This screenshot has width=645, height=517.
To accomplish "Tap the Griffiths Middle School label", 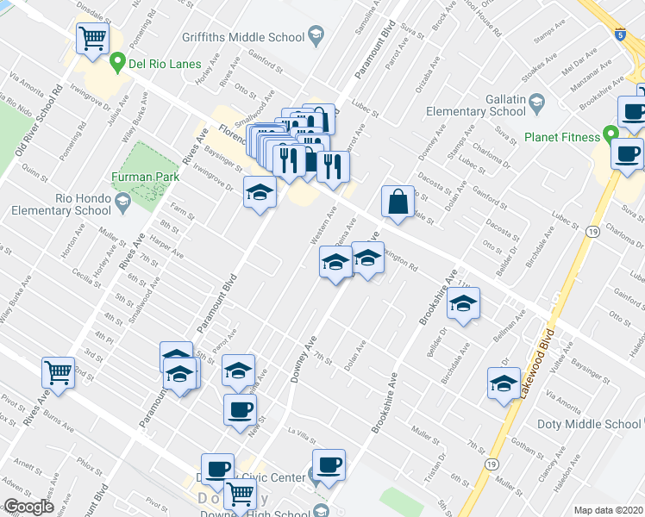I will [x=243, y=37].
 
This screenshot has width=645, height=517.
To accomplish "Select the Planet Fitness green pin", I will [x=611, y=136].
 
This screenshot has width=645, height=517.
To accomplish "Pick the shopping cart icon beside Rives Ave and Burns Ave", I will [x=59, y=373].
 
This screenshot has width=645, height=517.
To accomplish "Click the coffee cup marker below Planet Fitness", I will [x=627, y=153].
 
